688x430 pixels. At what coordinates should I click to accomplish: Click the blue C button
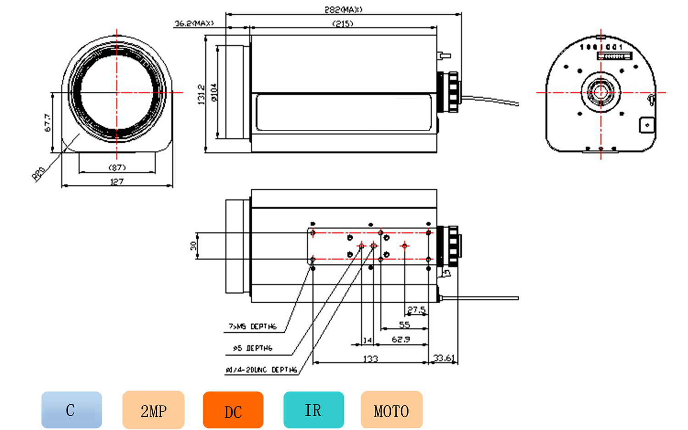72,410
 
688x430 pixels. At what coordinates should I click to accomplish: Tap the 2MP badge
153,410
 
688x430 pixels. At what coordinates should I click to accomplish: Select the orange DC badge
233,410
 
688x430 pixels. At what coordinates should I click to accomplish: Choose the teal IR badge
314,410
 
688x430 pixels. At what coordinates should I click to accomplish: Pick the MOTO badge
391,410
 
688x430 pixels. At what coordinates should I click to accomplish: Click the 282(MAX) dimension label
344,9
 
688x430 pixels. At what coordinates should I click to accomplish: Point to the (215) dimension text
343,23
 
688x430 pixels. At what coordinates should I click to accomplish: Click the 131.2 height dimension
201,94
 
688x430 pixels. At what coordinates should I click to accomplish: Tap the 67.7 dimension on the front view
48,123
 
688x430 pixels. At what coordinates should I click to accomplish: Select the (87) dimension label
117,168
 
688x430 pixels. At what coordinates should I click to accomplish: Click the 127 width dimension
117,182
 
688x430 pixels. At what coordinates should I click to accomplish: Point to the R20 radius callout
39,173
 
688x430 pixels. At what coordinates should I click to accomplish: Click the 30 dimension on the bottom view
194,246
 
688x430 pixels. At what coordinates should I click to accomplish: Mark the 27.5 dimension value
416,310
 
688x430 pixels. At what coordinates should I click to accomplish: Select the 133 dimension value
371,358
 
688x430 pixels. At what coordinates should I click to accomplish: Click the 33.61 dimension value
444,358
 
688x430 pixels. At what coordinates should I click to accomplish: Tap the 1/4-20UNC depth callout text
261,369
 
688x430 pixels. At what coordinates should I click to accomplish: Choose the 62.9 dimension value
400,340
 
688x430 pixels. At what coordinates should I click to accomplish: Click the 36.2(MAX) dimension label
194,23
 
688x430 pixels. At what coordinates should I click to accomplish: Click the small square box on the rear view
647,125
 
